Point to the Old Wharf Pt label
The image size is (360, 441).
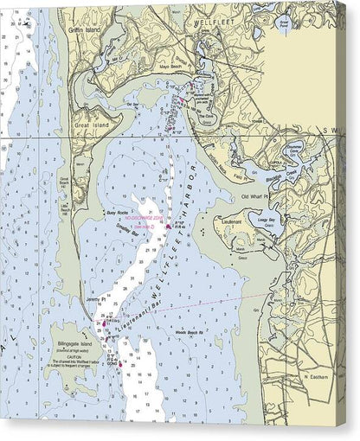pos(257,197)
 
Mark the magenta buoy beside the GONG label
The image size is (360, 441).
pos(121,364)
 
